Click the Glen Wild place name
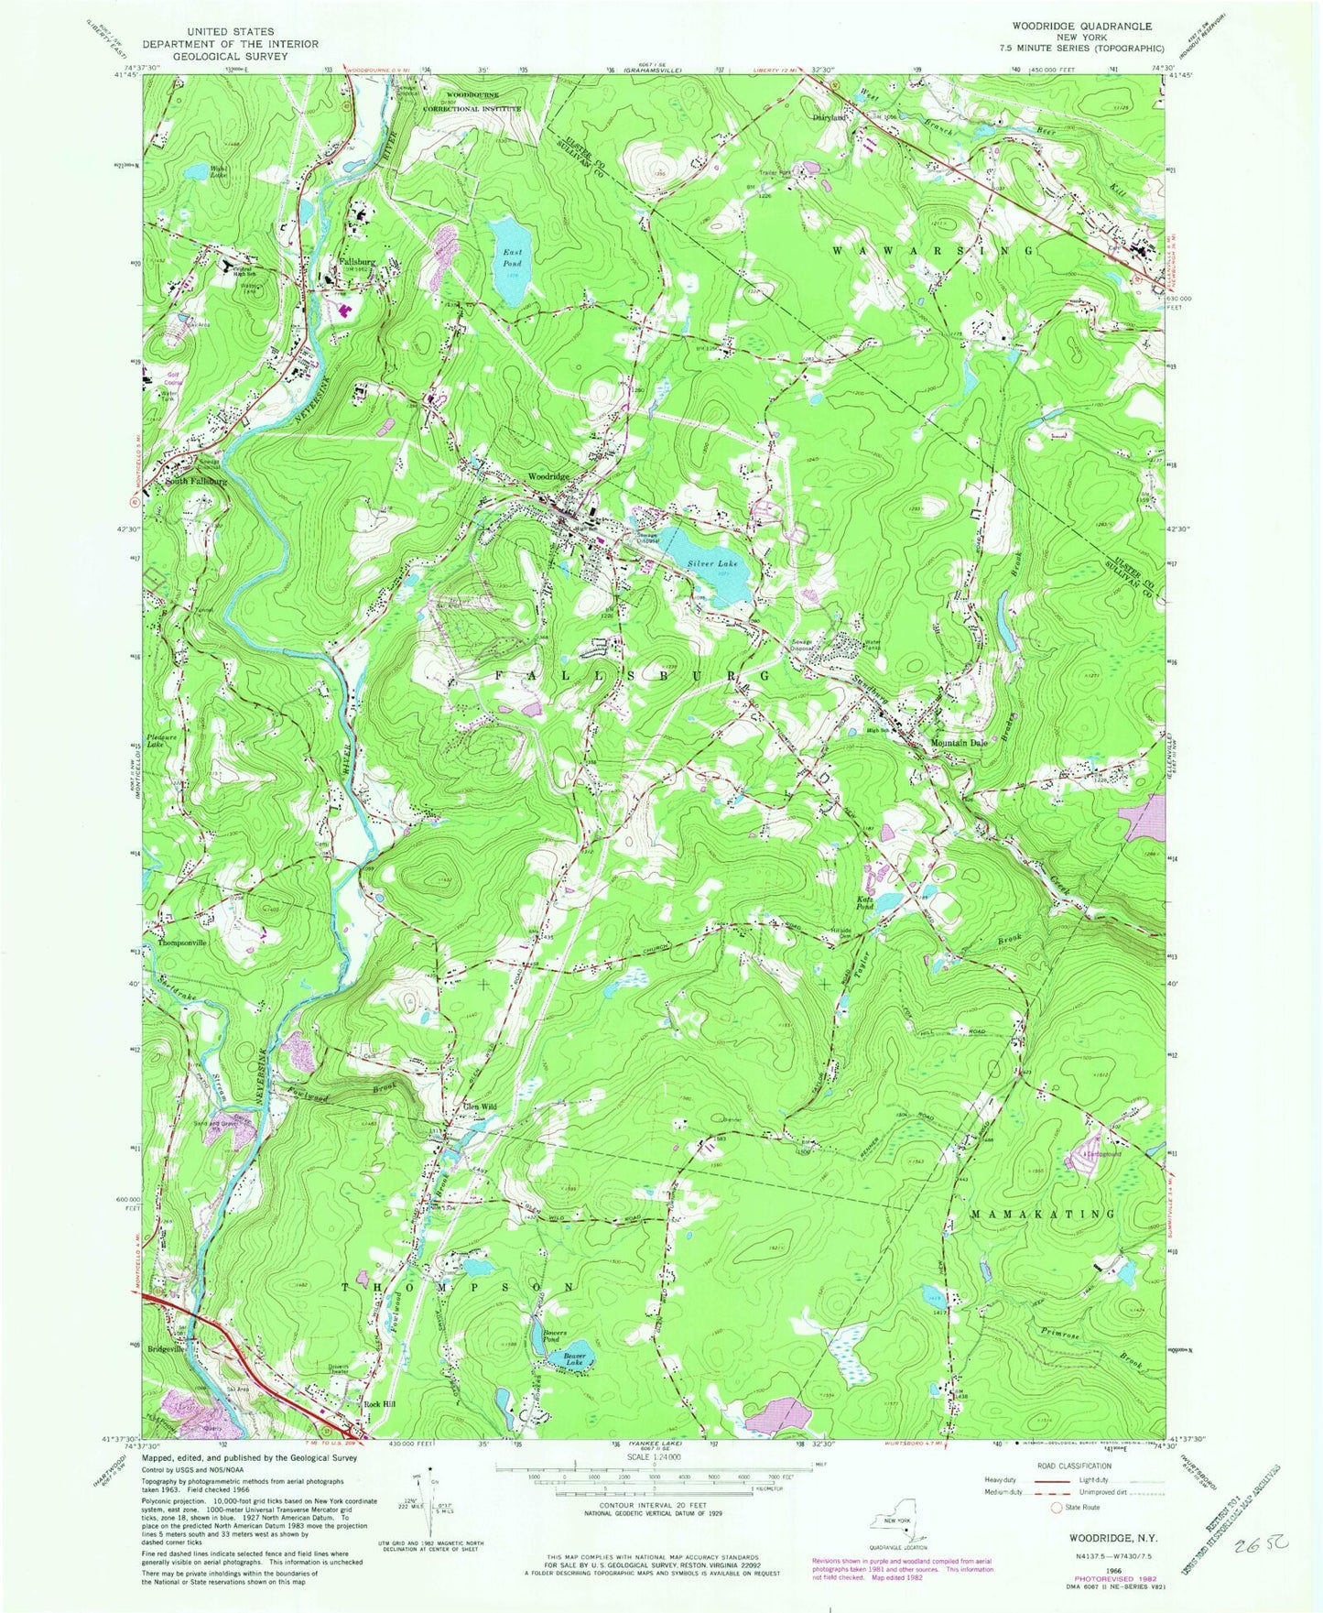click(480, 1107)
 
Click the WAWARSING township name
click(934, 249)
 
